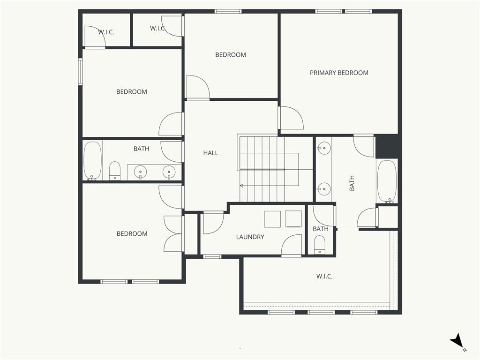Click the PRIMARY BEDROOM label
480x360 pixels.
pyautogui.click(x=339, y=73)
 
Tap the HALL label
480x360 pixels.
pyautogui.click(x=210, y=153)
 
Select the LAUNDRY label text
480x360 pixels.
pyautogui.click(x=250, y=237)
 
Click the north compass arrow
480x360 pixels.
pyautogui.click(x=457, y=340)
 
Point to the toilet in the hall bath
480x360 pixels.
pyautogui.click(x=115, y=171)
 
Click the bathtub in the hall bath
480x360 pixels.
pyautogui.click(x=92, y=161)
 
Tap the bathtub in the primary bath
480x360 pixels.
pyautogui.click(x=387, y=181)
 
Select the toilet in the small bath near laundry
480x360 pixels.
pyautogui.click(x=320, y=245)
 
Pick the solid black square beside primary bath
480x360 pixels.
pyautogui.click(x=387, y=147)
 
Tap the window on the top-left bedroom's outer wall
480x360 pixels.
pyautogui.click(x=81, y=72)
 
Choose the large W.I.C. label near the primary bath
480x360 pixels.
pyautogui.click(x=324, y=277)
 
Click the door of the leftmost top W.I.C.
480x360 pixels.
pyautogui.click(x=95, y=37)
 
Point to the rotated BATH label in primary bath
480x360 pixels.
pyautogui.click(x=352, y=183)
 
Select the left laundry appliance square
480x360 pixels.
pyautogui.click(x=272, y=219)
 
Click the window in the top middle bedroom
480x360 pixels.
pyautogui.click(x=228, y=12)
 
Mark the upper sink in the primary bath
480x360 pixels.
pyautogui.click(x=323, y=149)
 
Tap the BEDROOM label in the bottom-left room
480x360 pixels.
pyautogui.click(x=132, y=234)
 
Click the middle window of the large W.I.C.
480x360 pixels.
pyautogui.click(x=321, y=312)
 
